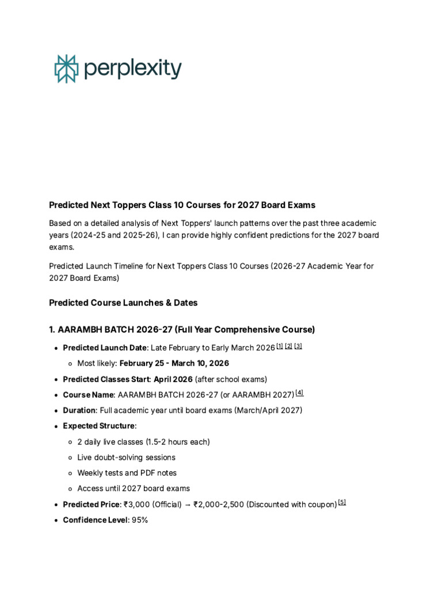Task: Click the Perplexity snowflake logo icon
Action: [66, 69]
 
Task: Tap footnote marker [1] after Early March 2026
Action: [280, 346]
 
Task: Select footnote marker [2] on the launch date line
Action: [288, 346]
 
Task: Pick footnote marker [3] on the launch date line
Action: [298, 346]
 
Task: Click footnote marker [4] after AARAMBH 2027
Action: [299, 393]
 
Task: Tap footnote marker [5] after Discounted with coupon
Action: [342, 502]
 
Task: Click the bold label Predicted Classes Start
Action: [106, 379]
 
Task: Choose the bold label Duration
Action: [79, 411]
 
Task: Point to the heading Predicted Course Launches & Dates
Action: [123, 302]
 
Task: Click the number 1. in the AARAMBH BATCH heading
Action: [52, 330]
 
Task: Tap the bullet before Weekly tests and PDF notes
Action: [70, 473]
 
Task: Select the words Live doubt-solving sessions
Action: [126, 457]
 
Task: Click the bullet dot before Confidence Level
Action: [55, 520]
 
